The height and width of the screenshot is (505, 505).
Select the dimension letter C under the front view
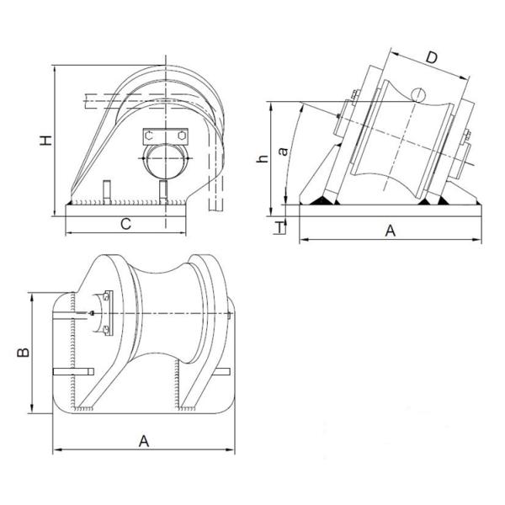(125, 224)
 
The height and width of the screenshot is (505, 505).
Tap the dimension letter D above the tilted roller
(430, 58)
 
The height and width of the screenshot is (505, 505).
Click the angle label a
(284, 151)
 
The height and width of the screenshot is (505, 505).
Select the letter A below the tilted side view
(389, 231)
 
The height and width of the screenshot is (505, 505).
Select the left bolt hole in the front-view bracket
(149, 135)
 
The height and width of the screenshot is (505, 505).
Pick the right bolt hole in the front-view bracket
(180, 135)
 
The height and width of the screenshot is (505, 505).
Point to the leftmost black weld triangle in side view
(322, 200)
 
